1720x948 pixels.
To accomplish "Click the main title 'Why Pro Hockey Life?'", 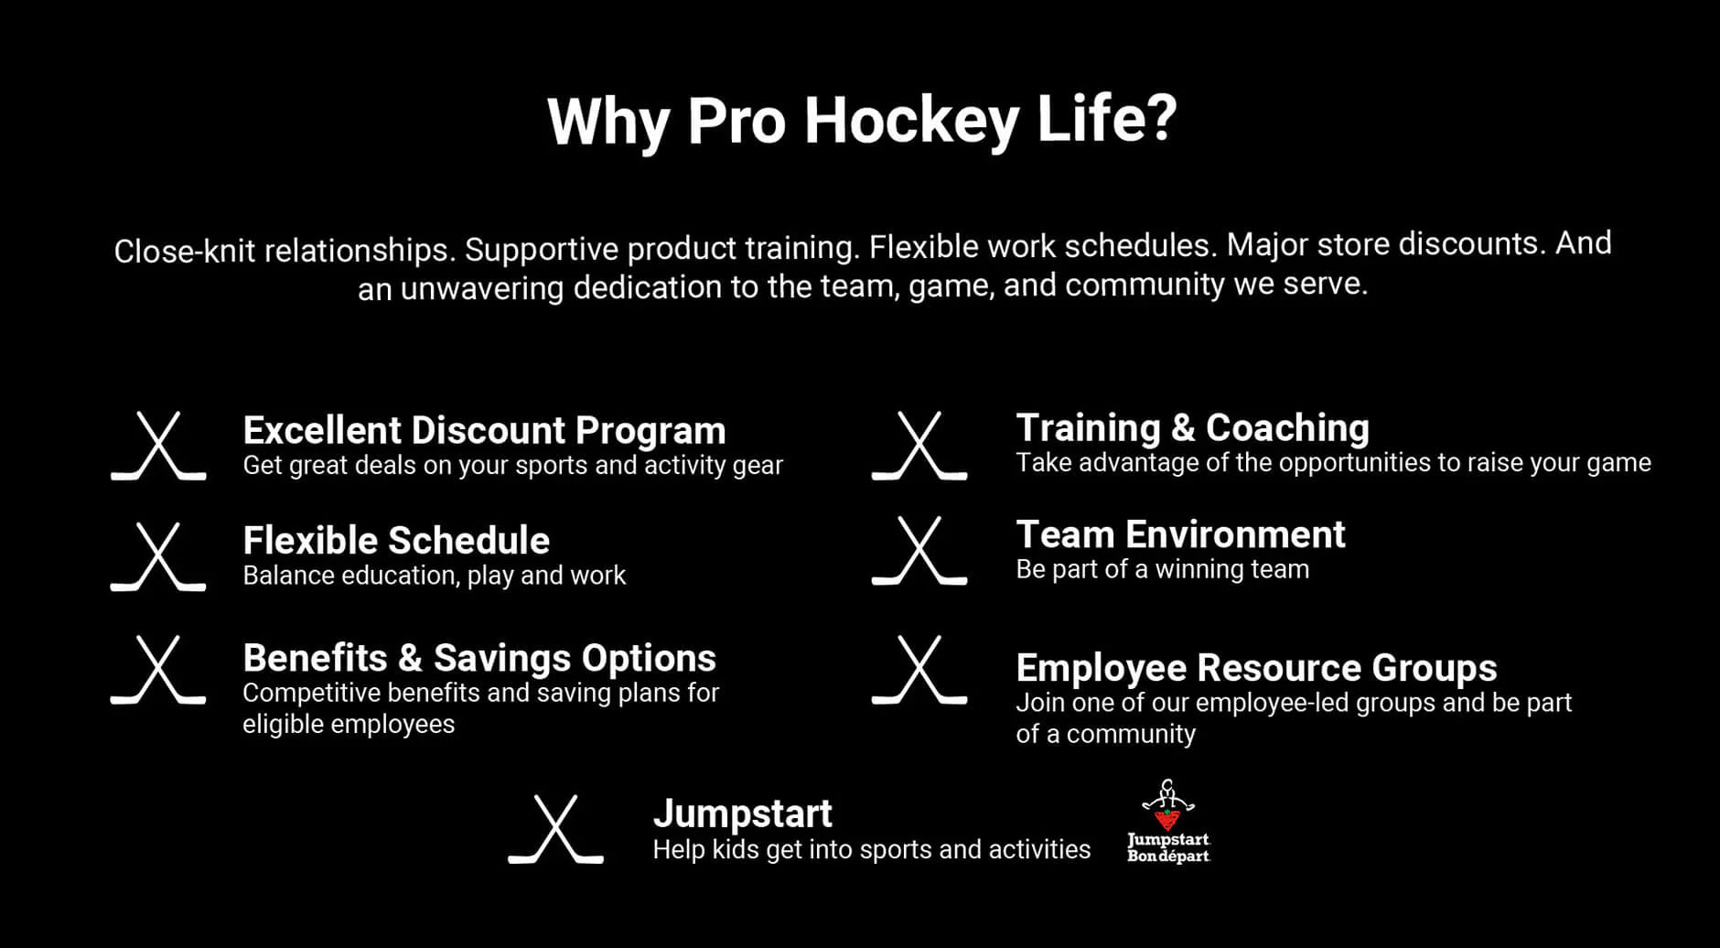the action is click(x=862, y=121).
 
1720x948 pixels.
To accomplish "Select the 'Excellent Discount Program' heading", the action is click(x=484, y=430).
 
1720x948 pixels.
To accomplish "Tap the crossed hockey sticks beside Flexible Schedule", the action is click(x=158, y=556).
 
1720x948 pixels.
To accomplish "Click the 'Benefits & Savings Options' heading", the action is click(x=479, y=658).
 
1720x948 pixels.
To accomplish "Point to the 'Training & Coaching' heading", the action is click(x=1193, y=428).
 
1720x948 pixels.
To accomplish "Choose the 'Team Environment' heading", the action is click(x=1180, y=534).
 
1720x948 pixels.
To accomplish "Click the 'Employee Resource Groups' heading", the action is click(x=1256, y=668).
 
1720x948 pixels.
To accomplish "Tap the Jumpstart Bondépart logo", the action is click(x=1168, y=821).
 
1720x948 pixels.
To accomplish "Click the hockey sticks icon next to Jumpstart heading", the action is click(x=555, y=829).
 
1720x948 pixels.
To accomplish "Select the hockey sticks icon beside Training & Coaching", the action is click(x=919, y=446).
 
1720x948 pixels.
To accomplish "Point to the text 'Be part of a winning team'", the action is click(x=1162, y=569).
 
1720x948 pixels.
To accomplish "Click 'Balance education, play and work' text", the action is click(x=434, y=576).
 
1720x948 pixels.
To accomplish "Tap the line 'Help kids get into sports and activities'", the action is click(x=871, y=850).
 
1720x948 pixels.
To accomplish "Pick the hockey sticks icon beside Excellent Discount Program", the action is click(x=158, y=446).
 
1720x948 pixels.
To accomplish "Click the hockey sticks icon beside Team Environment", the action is click(x=919, y=551).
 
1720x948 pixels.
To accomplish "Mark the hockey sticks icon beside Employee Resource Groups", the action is click(x=919, y=671).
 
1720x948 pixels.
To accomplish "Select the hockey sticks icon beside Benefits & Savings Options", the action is click(x=158, y=670).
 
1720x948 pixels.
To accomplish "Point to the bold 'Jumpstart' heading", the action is click(x=742, y=813).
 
